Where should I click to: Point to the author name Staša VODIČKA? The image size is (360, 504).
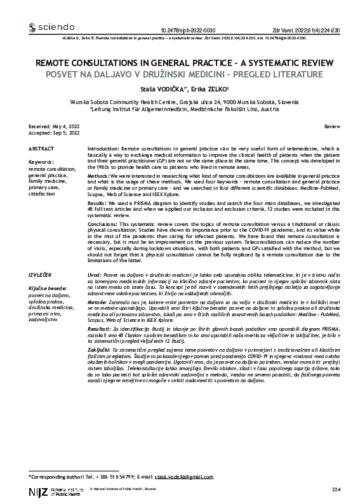pyautogui.click(x=163, y=90)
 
